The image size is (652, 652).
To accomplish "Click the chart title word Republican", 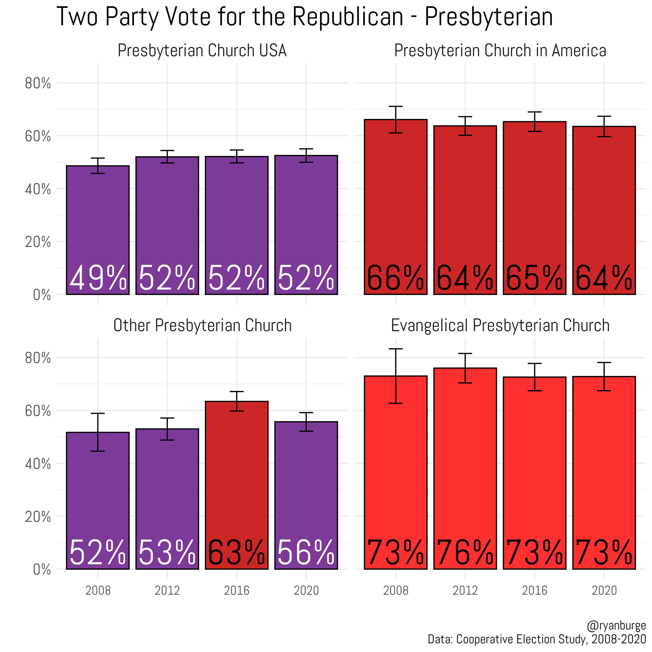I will click(x=348, y=17).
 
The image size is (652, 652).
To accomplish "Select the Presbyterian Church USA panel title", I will click(x=202, y=51).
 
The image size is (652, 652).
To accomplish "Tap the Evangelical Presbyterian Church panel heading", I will click(x=500, y=326).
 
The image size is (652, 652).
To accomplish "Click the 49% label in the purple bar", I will click(x=98, y=278).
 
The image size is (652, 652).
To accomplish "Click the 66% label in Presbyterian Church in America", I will click(x=396, y=278).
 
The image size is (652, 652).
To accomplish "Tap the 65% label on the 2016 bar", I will click(x=535, y=278).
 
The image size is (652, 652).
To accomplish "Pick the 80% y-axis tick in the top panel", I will click(x=38, y=83).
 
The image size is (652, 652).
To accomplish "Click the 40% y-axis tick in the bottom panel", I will click(x=38, y=464).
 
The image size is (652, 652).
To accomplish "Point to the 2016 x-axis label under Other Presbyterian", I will click(x=237, y=590).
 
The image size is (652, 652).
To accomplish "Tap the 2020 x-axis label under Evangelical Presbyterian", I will click(x=604, y=590).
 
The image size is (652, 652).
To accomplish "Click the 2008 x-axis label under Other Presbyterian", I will click(x=98, y=590).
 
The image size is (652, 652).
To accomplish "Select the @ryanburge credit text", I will click(x=616, y=626).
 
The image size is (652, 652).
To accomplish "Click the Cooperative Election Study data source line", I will click(x=537, y=639).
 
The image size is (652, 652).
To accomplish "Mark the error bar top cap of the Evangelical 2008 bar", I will click(x=396, y=349).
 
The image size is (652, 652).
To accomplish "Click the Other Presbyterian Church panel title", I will click(x=202, y=326).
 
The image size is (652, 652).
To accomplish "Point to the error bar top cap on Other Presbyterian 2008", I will click(x=98, y=413).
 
